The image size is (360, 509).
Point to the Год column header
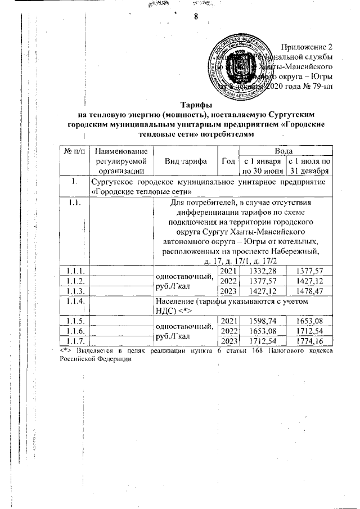[228, 161]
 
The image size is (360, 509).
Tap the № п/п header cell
[75, 151]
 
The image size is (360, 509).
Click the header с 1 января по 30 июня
[263, 166]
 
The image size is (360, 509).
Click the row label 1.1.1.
[75, 272]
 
